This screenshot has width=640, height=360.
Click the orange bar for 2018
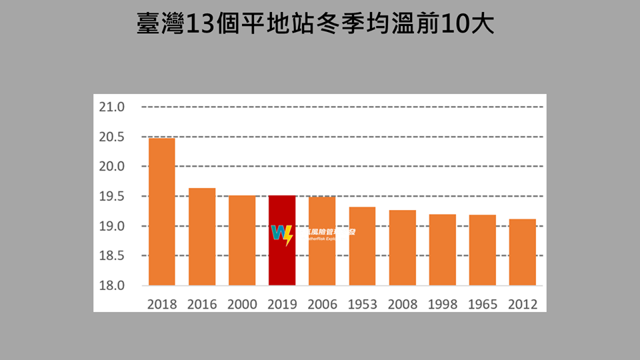click(162, 212)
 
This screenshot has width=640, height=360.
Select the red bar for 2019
click(282, 241)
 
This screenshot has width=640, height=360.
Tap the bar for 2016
click(202, 237)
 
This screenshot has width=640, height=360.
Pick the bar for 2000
click(242, 241)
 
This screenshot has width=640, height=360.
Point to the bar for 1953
click(362, 247)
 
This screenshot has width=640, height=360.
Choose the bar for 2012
click(523, 253)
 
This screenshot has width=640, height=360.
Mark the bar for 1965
click(483, 250)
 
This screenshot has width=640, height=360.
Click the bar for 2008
click(403, 248)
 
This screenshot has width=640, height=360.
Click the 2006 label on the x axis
click(323, 304)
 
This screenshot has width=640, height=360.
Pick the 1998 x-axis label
click(443, 304)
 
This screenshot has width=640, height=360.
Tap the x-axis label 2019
click(282, 304)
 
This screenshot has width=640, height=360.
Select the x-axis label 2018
click(162, 304)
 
